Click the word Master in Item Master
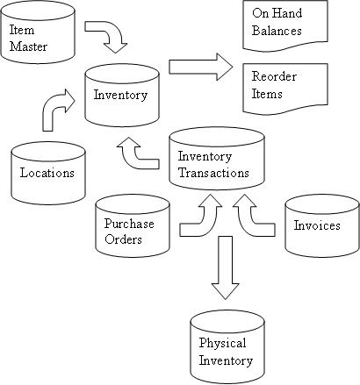28,46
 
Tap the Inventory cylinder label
120,96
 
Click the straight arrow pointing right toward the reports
201,67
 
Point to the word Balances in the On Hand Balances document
277,31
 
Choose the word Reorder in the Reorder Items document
274,76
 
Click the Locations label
47,173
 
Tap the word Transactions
213,173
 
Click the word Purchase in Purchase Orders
129,224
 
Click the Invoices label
317,225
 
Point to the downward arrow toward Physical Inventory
226,267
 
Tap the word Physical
222,343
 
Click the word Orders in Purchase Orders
123,239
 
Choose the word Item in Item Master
22,30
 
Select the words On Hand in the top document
277,13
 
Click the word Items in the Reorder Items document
267,94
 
